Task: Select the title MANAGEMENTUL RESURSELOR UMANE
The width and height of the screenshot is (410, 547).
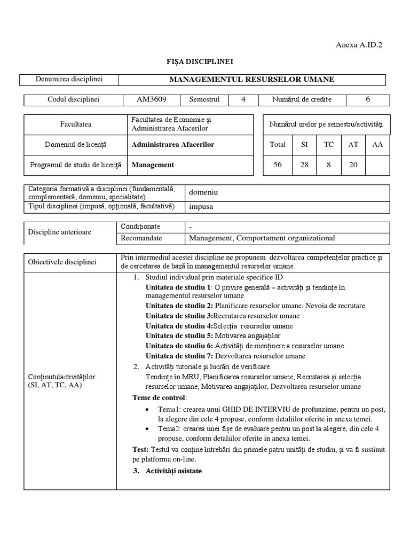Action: point(251,80)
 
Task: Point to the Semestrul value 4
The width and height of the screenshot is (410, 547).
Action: point(243,99)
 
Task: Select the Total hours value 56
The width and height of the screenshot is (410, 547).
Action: point(278,165)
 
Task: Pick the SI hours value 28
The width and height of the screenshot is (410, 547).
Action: point(304,165)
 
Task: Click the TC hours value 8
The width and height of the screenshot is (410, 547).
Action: point(328,165)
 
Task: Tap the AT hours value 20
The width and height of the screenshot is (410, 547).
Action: point(353,165)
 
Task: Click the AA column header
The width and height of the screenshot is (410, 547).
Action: point(377,144)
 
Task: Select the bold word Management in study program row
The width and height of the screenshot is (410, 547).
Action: point(153,165)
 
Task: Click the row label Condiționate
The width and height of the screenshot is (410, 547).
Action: point(140,227)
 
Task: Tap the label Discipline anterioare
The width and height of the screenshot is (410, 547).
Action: point(59,232)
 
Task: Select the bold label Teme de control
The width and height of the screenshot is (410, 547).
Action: point(159,398)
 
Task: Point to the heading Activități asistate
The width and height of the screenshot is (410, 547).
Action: point(174,471)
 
